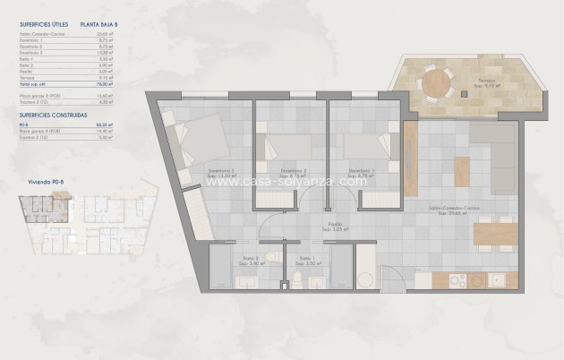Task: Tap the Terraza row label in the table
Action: click(27, 76)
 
